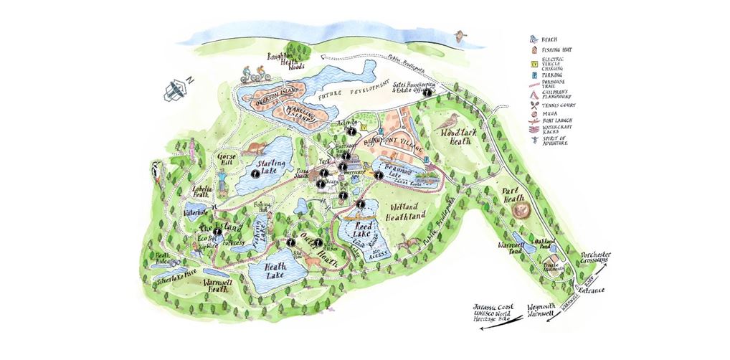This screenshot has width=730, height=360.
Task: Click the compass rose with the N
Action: [x=178, y=88]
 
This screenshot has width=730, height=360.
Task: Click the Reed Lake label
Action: [x=364, y=229]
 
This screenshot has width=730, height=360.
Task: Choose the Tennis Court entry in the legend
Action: [x=574, y=105]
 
